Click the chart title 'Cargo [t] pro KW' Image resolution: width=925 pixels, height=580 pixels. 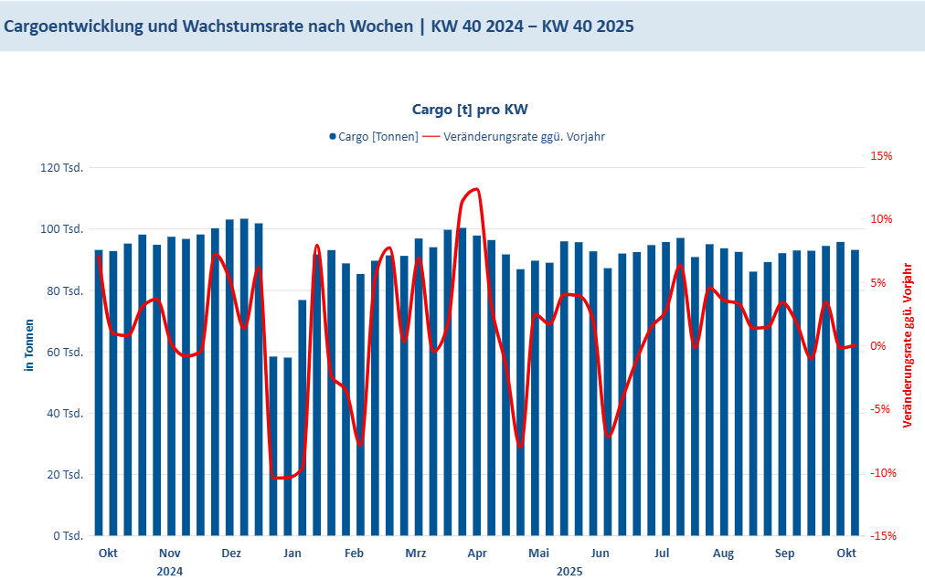470,110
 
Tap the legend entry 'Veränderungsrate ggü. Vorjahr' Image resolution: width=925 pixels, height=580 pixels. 524,137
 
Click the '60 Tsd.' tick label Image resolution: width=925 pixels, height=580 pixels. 66,352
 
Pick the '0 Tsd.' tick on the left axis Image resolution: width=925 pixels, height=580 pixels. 69,535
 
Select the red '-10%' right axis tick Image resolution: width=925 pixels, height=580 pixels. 881,473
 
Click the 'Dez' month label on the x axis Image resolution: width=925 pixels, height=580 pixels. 231,554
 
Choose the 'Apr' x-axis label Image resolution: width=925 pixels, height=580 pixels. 477,554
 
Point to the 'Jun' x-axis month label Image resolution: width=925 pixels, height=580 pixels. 600,554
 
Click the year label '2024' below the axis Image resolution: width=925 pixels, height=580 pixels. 169,572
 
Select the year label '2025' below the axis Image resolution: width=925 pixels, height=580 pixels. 569,572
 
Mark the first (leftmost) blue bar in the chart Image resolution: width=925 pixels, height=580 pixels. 99,393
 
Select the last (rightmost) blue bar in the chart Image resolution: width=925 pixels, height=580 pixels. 856,393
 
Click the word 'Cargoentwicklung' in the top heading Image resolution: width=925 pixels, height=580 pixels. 70,26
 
